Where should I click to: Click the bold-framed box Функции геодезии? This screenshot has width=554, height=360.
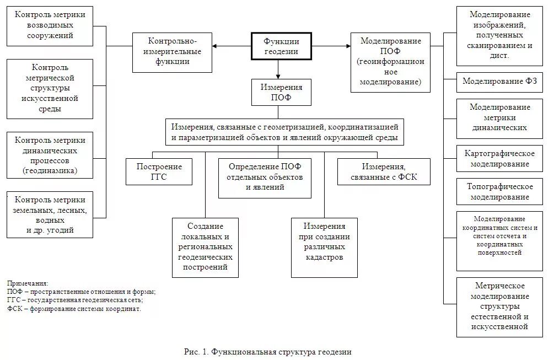(281, 46)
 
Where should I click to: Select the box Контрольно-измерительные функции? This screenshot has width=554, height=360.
(172, 52)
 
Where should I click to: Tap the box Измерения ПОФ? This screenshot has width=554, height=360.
(281, 92)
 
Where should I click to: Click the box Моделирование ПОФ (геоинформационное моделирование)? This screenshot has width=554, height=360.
(390, 62)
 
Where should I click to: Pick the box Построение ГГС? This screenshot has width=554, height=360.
(159, 171)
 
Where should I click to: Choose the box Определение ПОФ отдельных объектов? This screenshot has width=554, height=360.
(265, 178)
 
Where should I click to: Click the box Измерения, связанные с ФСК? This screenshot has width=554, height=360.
(384, 171)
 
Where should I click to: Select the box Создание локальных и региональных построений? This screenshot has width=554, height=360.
(205, 247)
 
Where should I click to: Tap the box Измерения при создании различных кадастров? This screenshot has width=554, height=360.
(324, 247)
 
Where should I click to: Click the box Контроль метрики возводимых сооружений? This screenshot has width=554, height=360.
(50, 26)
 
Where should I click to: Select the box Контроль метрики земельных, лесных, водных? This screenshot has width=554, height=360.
(50, 214)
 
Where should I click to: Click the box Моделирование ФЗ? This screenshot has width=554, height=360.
(500, 82)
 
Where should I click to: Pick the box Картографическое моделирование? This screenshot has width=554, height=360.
(500, 158)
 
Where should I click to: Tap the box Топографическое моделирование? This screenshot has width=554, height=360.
(500, 191)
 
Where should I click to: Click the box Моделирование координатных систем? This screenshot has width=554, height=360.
(500, 240)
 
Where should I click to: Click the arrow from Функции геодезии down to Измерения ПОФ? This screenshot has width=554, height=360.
(278, 69)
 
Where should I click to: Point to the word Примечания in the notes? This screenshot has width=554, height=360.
(28, 283)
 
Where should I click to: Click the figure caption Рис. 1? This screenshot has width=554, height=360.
(267, 352)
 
